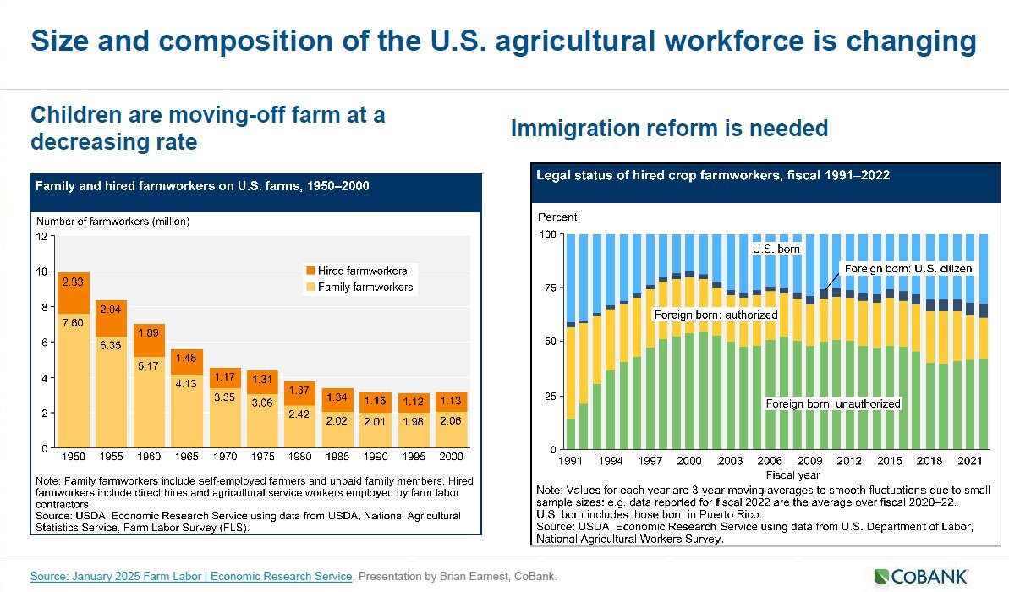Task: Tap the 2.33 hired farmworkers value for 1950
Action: click(x=72, y=282)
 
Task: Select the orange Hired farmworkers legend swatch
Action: click(x=310, y=271)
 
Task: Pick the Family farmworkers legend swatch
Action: click(x=310, y=288)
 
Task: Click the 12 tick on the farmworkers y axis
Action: click(x=41, y=236)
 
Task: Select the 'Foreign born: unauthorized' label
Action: click(x=833, y=404)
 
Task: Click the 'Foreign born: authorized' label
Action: click(x=716, y=315)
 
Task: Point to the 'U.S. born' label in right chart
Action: click(x=776, y=249)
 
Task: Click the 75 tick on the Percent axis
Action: click(x=550, y=288)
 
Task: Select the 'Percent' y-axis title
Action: click(x=557, y=217)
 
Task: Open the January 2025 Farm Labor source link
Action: click(x=191, y=576)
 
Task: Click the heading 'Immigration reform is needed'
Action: click(x=669, y=129)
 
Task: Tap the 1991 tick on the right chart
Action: click(x=570, y=461)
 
